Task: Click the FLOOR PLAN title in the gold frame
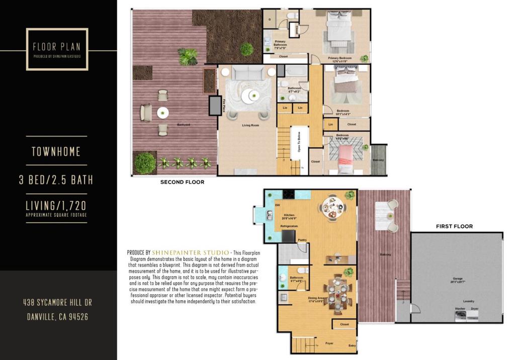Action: coord(56,47)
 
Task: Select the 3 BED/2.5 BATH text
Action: coord(56,179)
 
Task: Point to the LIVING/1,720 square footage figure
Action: coord(56,205)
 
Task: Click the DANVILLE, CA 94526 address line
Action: coord(56,317)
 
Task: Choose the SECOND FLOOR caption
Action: coord(182,182)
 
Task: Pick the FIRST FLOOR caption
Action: coord(454,226)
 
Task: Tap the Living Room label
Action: coord(250,125)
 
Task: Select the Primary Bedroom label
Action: coord(340,58)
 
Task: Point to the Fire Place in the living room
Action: coord(215,106)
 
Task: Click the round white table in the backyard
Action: coord(162,113)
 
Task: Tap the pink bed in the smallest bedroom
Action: coord(346,154)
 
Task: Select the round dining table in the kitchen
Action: coord(332,207)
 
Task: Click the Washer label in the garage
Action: coord(460,308)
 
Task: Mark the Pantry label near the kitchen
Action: coord(302,240)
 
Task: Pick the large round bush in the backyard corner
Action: coord(145,163)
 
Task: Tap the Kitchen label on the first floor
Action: coord(289,215)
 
